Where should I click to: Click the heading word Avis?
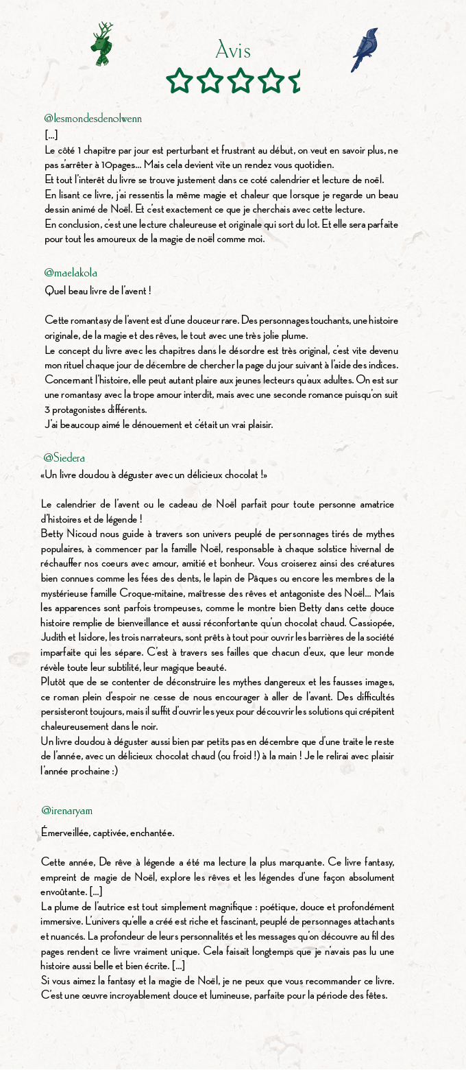click(x=233, y=51)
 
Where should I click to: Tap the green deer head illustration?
click(x=103, y=45)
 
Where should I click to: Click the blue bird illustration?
click(x=365, y=50)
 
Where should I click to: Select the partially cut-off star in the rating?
click(x=295, y=80)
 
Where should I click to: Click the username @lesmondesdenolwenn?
click(x=93, y=119)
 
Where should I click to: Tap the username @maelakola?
click(x=71, y=273)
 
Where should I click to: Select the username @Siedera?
click(x=64, y=457)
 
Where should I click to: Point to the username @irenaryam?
click(x=66, y=811)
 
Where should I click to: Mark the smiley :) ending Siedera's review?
click(x=112, y=771)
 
